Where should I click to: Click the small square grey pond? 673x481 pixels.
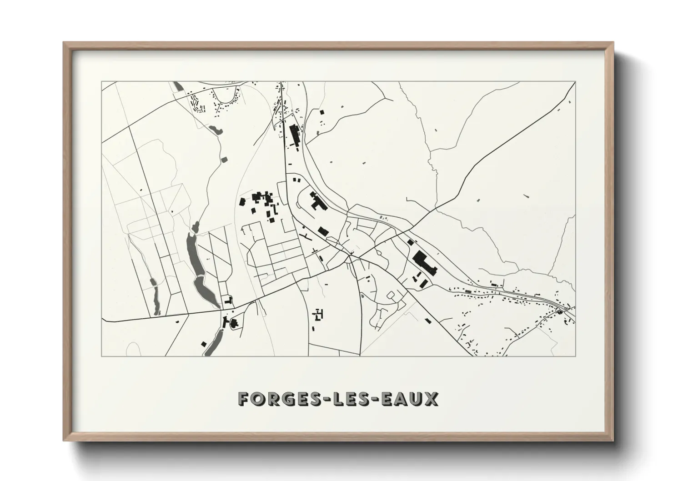click(x=224, y=159)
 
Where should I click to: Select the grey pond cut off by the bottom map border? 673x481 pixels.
click(x=211, y=346)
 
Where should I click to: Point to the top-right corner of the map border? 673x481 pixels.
click(x=575, y=82)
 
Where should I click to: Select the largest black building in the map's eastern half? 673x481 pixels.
click(x=424, y=263)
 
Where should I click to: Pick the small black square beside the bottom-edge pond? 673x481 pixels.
click(x=204, y=343)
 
